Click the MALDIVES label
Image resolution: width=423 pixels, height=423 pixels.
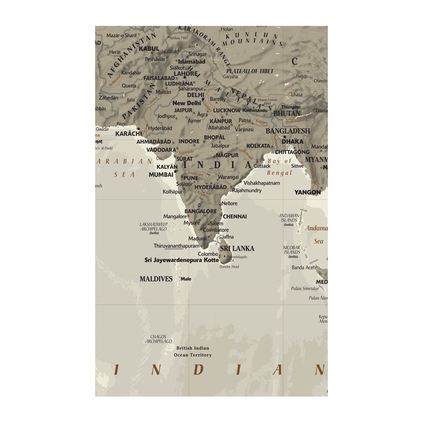tap(156, 278)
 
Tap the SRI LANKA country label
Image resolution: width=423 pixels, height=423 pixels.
tap(237, 248)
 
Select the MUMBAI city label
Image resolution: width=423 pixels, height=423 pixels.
tap(161, 174)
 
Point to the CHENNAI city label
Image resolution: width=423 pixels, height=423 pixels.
tap(235, 216)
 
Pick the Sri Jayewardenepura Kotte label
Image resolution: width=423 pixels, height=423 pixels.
tap(181, 260)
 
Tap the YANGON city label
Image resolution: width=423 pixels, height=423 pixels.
tap(308, 192)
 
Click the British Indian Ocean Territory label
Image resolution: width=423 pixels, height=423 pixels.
tap(192, 351)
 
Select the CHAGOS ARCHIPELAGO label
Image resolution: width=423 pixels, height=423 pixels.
tap(159, 338)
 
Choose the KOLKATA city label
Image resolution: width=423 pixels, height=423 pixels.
tap(258, 145)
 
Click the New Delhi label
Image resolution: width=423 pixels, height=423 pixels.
tap(187, 103)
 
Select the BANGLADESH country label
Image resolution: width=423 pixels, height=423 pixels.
tap(288, 131)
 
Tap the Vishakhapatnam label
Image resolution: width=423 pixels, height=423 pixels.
tap(261, 182)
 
